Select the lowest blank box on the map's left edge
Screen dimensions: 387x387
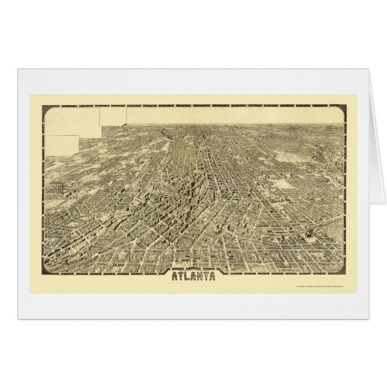tap(62, 143)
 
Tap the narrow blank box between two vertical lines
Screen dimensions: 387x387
tap(114, 117)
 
